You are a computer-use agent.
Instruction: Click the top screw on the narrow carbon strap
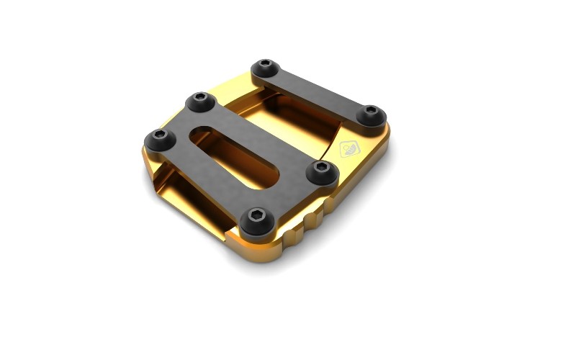pyautogui.click(x=266, y=69)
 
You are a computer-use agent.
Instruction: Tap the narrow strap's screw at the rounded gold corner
pyautogui.click(x=370, y=114)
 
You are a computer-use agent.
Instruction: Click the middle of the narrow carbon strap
pyautogui.click(x=318, y=91)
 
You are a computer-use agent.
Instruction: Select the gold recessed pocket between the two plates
pyautogui.click(x=288, y=122)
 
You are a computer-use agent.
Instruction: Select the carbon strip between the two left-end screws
pyautogui.click(x=176, y=119)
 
